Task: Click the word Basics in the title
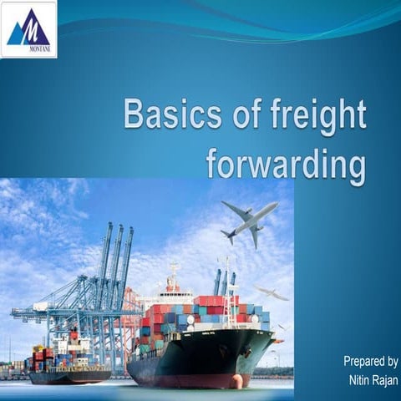pos(172,115)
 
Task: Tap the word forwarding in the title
pos(286,164)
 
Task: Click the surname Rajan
pos(384,380)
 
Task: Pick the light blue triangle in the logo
pos(16,34)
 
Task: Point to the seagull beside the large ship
pos(272,292)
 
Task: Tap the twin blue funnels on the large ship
pos(224,282)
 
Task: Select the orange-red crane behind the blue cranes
pos(129,309)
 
